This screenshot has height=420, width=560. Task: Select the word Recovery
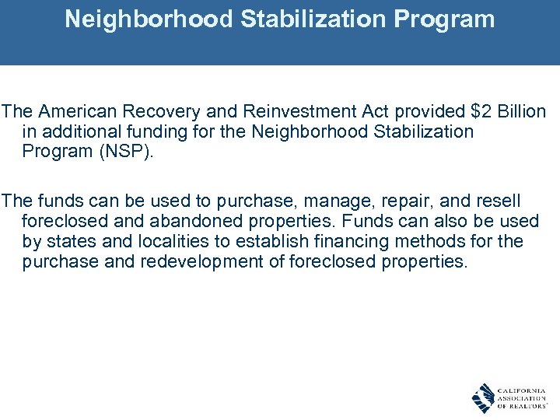(145, 112)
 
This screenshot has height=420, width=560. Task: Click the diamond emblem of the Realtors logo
(483, 398)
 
